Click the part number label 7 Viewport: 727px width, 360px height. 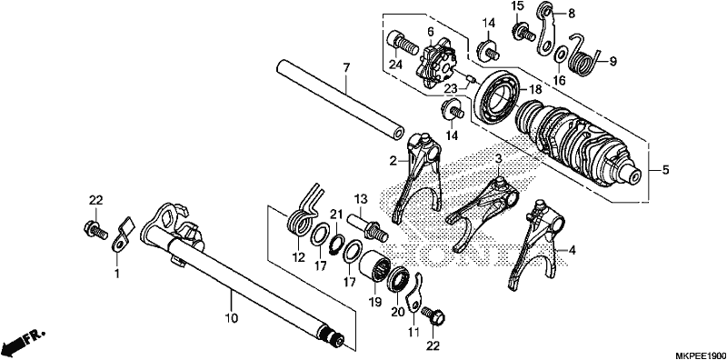[346, 68]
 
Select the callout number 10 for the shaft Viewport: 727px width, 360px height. [232, 318]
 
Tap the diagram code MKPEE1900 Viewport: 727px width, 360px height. [702, 355]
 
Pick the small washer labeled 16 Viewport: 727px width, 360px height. [560, 55]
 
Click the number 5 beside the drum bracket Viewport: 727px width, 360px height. [666, 170]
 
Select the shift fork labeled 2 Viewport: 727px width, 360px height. [418, 177]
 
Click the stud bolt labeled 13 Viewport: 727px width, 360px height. [369, 225]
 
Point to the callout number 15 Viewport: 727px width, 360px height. [517, 7]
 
